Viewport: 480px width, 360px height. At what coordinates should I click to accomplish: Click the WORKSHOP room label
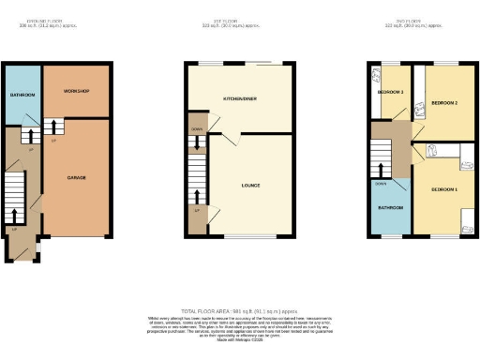point(76,91)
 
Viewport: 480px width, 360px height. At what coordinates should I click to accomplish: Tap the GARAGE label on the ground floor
point(76,177)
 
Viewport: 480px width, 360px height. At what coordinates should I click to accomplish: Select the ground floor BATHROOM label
point(22,96)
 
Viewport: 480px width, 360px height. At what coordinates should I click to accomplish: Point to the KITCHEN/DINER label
point(239,98)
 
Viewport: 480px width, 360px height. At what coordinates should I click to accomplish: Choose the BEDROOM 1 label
point(443,189)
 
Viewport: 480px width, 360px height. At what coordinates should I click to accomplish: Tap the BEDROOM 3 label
point(390,92)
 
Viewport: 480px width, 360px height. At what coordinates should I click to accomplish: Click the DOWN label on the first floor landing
point(196,129)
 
